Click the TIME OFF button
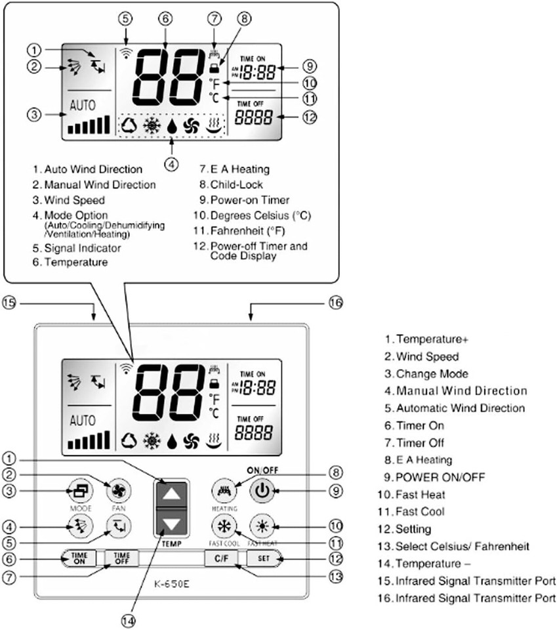click(122, 558)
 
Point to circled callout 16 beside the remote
click(335, 303)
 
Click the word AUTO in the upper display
click(82, 104)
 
